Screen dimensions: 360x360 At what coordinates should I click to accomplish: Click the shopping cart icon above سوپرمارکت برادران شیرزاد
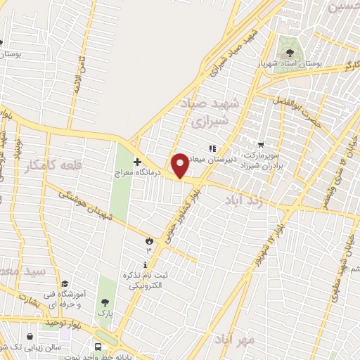[x=261, y=143]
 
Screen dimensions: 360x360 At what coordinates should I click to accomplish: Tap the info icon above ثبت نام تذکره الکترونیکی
[x=146, y=265]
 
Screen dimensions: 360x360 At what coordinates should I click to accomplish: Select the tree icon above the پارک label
[x=105, y=302]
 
